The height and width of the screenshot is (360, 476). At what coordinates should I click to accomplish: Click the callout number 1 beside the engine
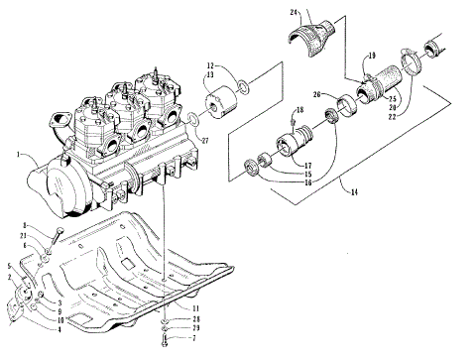click(19, 155)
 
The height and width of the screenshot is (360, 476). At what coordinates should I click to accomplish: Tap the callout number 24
click(295, 13)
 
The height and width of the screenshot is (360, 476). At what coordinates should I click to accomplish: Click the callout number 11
click(196, 308)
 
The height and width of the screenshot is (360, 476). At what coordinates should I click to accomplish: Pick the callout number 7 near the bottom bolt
click(196, 339)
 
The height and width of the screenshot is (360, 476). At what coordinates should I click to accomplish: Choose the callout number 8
click(24, 226)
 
